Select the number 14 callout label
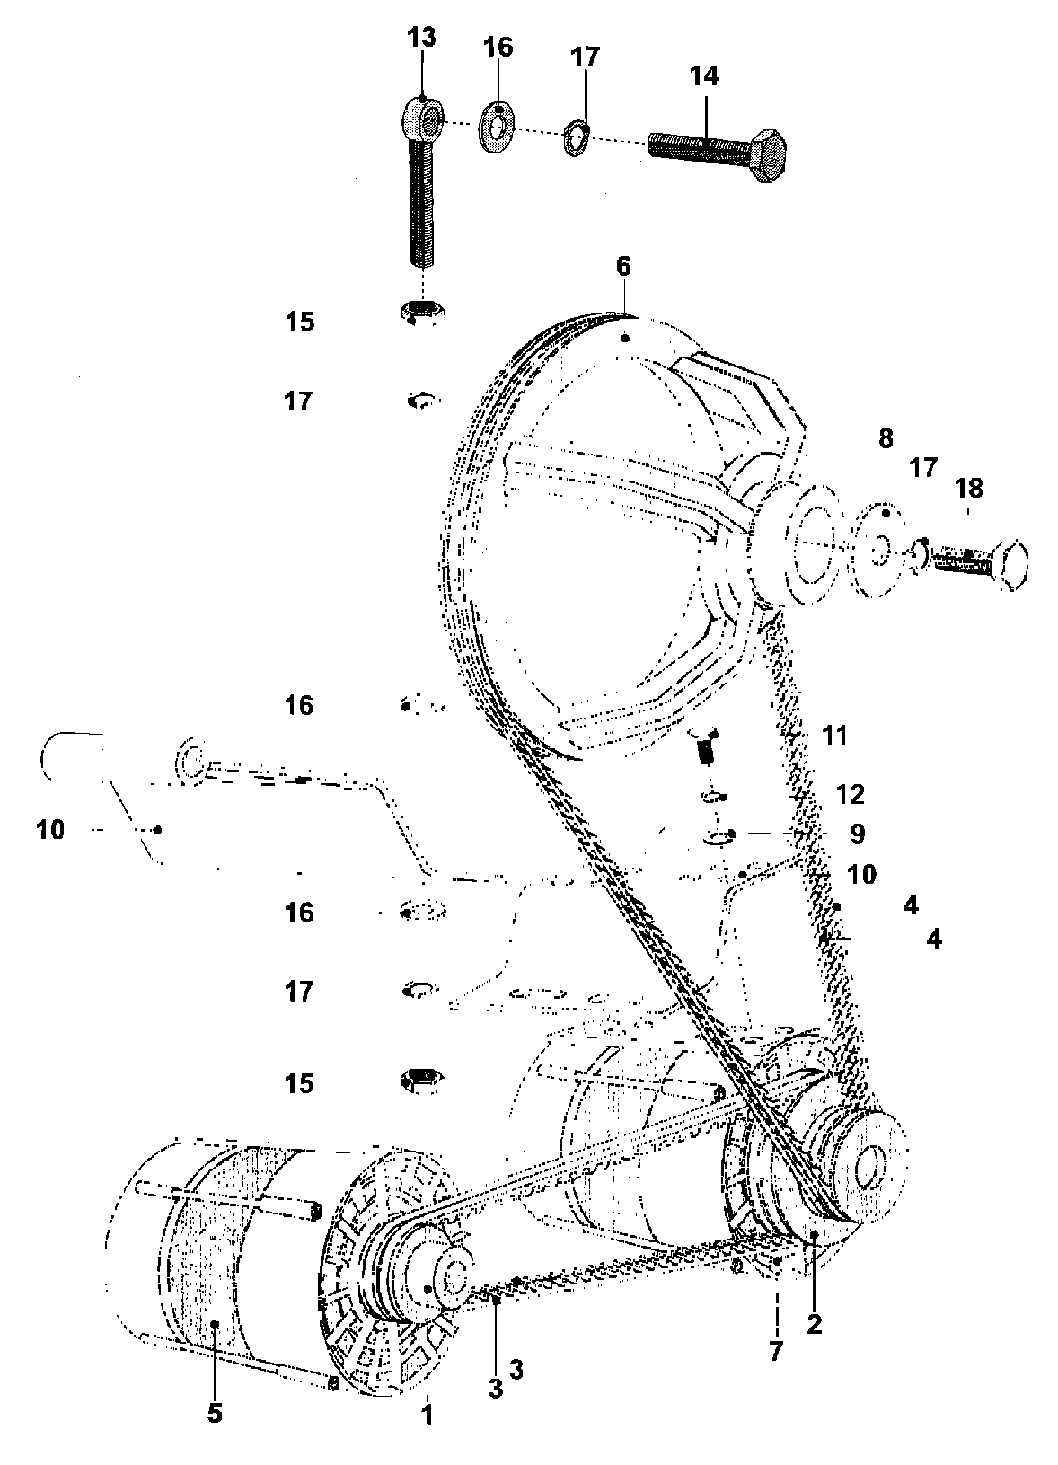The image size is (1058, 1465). pos(704,76)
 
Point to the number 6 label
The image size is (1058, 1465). pos(623,267)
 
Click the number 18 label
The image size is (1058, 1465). pos(970,488)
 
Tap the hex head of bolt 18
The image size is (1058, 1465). pos(1010,569)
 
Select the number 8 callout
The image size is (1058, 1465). pos(886,438)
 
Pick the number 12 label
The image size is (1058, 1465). pos(850,794)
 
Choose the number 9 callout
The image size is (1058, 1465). pos(857,834)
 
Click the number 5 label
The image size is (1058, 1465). pos(215,1413)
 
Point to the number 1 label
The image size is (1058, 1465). pos(428,1415)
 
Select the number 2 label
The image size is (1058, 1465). pos(815,1323)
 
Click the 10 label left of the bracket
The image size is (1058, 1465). pos(51,830)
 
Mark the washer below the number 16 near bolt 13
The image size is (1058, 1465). pos(497,128)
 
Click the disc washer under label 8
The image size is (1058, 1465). pos(879,553)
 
